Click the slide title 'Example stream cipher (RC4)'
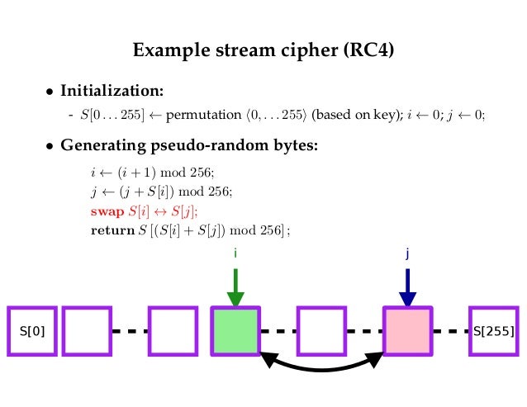[x=263, y=50]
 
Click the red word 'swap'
[x=108, y=211]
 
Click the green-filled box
[x=235, y=332]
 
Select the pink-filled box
[x=408, y=332]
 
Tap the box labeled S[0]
[x=32, y=332]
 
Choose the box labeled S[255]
[x=493, y=332]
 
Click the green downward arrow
[x=235, y=287]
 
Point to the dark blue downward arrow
[x=408, y=287]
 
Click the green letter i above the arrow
[x=235, y=254]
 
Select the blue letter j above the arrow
[x=408, y=255]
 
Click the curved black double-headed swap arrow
[x=322, y=367]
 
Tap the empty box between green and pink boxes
[x=320, y=332]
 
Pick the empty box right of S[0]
[x=86, y=332]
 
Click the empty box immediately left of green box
[x=173, y=332]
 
